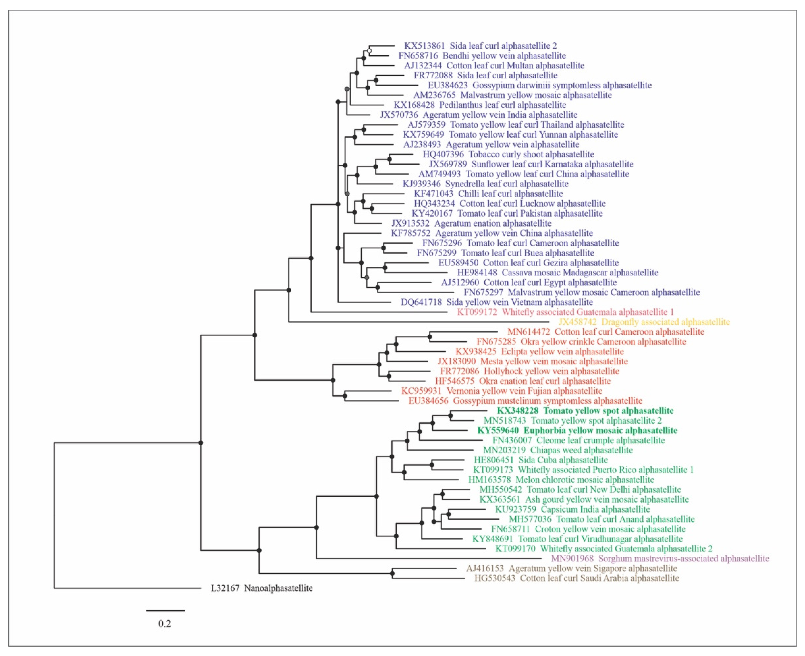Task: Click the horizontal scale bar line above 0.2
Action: [165, 610]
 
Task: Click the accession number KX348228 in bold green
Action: [519, 411]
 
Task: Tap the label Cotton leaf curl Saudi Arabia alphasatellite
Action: [600, 578]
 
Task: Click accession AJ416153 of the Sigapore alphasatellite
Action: [485, 568]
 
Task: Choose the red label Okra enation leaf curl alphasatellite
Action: [545, 381]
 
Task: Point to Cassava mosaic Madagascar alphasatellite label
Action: [580, 273]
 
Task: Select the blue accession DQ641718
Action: [421, 302]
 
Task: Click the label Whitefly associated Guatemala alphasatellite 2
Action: [626, 549]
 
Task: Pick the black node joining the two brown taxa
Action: [392, 574]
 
